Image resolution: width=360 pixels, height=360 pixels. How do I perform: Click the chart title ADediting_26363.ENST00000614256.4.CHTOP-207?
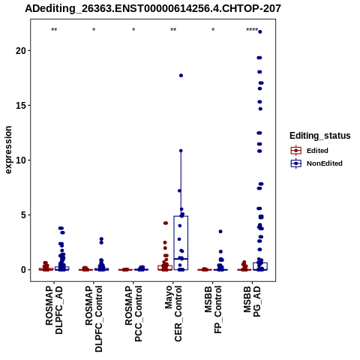(153, 9)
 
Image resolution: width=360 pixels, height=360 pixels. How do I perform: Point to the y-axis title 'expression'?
(8, 150)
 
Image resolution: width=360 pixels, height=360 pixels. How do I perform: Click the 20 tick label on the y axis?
(21, 51)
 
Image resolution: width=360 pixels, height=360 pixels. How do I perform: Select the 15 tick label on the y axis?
(21, 106)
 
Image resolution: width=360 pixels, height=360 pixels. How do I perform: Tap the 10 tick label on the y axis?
(21, 160)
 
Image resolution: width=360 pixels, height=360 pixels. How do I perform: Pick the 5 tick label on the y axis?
(23, 215)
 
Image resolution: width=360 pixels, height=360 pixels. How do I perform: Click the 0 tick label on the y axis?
(23, 270)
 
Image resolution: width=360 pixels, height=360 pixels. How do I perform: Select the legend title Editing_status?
(320, 136)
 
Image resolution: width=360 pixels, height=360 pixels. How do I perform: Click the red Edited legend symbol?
(296, 151)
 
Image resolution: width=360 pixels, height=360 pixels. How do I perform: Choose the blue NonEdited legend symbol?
(296, 163)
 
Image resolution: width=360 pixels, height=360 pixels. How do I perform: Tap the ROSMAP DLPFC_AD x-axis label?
(54, 310)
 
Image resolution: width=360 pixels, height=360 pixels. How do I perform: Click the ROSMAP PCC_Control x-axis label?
(133, 313)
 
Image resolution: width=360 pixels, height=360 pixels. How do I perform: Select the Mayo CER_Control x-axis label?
(173, 313)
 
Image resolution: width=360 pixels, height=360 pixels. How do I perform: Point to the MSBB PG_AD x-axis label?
(252, 301)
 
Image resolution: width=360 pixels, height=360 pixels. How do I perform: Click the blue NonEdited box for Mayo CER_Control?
(181, 216)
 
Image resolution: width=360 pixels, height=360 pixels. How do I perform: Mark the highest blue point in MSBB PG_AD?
(260, 31)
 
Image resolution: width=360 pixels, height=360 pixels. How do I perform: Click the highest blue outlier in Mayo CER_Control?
(181, 76)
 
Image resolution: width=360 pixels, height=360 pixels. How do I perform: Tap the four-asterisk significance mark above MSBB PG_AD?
(252, 30)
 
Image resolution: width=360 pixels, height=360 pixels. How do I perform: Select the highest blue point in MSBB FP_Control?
(220, 232)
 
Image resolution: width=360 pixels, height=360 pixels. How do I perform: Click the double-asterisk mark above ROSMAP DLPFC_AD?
(54, 30)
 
